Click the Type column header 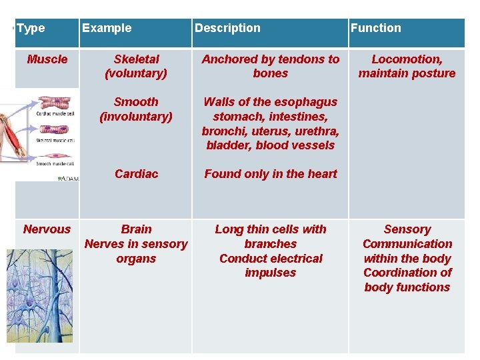click(31, 29)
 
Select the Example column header click(107, 29)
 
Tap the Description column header click(227, 29)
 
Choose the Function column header click(376, 29)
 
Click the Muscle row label click(47, 59)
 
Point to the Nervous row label click(47, 229)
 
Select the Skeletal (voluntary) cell click(136, 66)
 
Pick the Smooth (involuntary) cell click(136, 109)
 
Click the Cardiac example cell click(136, 174)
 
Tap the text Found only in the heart click(271, 174)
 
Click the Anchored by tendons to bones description click(271, 66)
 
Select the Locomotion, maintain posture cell click(407, 66)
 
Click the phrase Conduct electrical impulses click(271, 265)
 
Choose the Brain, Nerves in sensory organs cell click(136, 244)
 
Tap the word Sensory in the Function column click(407, 229)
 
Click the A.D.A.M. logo click(67, 179)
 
